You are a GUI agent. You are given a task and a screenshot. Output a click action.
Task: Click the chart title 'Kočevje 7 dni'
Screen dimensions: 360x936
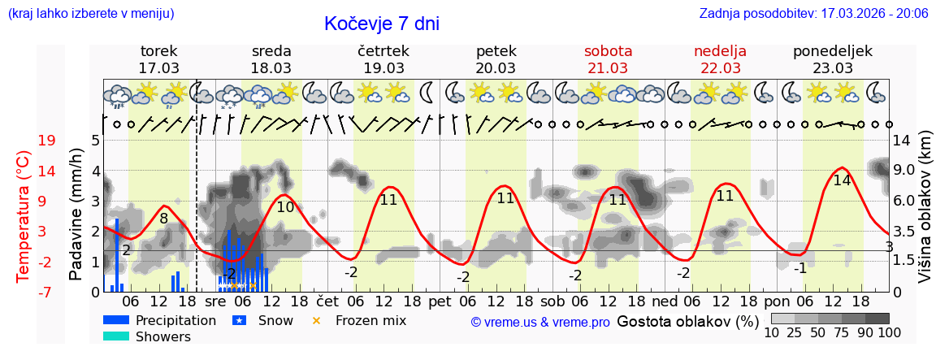pyautogui.click(x=381, y=24)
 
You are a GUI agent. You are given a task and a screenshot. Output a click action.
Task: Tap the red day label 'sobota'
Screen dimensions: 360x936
pyautogui.click(x=608, y=51)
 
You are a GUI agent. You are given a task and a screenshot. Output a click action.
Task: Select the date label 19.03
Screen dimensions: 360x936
pyautogui.click(x=383, y=68)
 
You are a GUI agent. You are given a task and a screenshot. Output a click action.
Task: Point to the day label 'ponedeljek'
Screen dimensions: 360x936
pyautogui.click(x=833, y=51)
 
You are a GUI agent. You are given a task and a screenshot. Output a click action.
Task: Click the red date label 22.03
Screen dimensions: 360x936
pyautogui.click(x=720, y=68)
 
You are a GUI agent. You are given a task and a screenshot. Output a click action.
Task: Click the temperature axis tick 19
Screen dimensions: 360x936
pyautogui.click(x=46, y=141)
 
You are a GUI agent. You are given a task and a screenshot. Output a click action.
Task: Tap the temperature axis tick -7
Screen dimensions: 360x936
pyautogui.click(x=46, y=292)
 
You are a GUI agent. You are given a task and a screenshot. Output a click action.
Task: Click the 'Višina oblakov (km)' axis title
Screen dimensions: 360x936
pyautogui.click(x=925, y=215)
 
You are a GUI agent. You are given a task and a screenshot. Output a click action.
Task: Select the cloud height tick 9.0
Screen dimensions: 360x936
pyautogui.click(x=905, y=171)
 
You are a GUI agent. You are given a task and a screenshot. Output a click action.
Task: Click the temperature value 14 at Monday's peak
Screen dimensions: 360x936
pyautogui.click(x=842, y=180)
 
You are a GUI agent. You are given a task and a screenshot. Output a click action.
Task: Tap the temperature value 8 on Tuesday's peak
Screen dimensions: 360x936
pyautogui.click(x=163, y=218)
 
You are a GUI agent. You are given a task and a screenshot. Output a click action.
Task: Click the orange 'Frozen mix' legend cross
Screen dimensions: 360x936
pyautogui.click(x=317, y=320)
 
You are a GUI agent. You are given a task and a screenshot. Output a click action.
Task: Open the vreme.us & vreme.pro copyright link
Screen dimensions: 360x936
pyautogui.click(x=540, y=323)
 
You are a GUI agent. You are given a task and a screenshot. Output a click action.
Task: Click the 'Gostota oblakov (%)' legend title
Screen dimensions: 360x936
pyautogui.click(x=687, y=321)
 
